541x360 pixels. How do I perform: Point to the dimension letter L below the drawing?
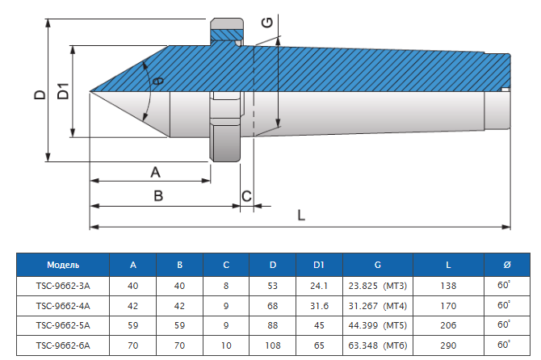click(301, 216)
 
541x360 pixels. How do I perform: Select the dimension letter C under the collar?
click(247, 195)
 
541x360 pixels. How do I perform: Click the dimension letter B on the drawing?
click(158, 195)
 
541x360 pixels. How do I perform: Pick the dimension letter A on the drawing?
click(156, 171)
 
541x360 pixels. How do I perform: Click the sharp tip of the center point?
click(90, 90)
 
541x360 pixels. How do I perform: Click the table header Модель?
click(63, 265)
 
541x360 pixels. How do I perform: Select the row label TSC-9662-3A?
click(63, 286)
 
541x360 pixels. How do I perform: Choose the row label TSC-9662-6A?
click(63, 345)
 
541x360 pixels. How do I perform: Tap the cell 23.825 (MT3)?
click(378, 286)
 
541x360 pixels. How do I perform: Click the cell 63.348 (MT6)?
click(378, 345)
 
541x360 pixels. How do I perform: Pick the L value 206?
click(448, 325)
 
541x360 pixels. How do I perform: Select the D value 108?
click(273, 345)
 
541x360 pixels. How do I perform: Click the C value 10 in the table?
click(226, 345)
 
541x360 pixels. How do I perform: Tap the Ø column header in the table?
click(506, 265)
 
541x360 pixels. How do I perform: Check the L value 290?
click(448, 345)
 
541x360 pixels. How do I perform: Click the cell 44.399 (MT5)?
click(378, 325)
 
